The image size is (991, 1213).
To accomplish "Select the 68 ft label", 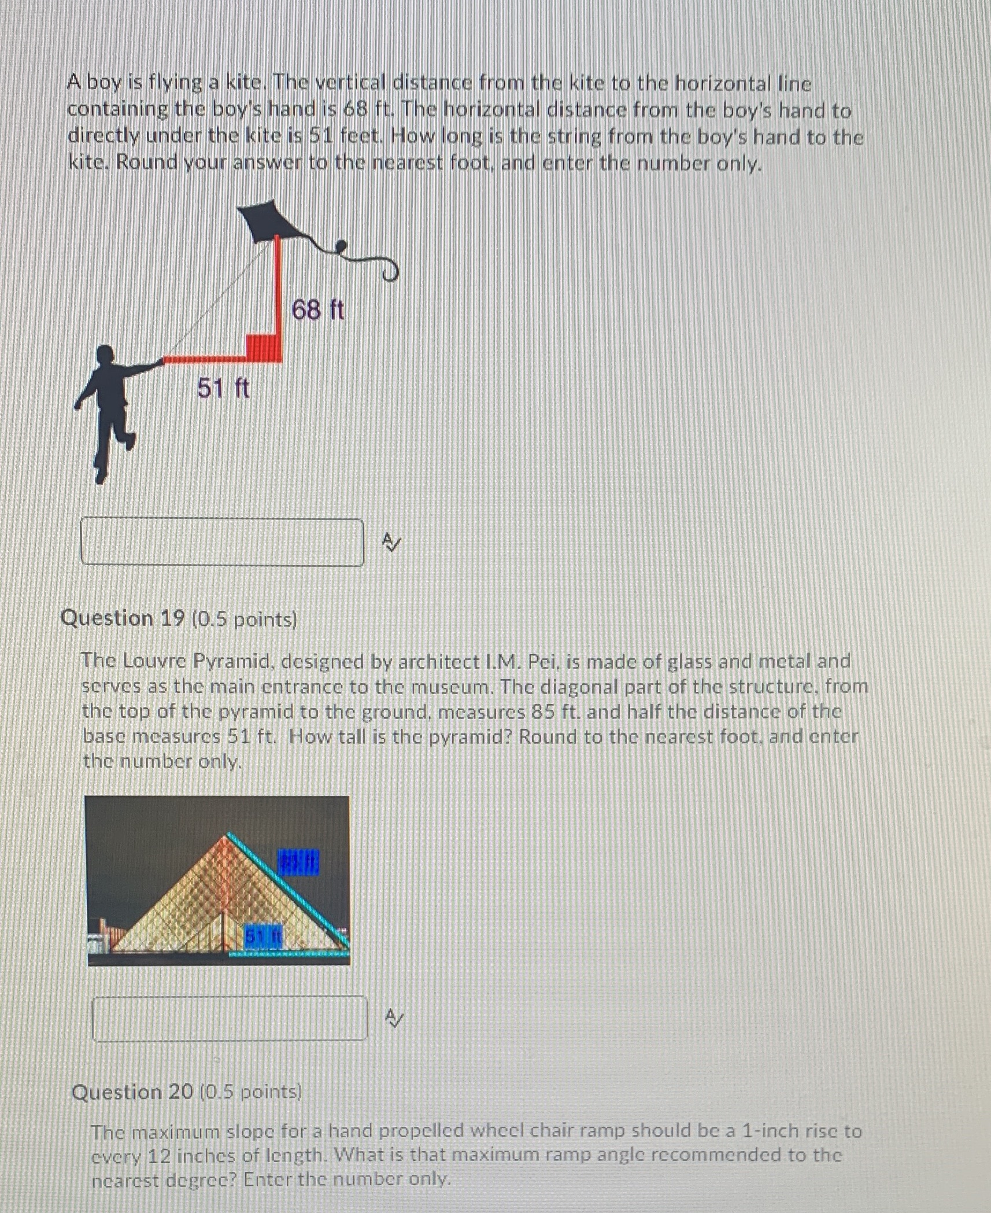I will (317, 310).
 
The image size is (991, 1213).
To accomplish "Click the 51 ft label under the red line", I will (223, 388).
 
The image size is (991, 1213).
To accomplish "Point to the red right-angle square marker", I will (264, 346).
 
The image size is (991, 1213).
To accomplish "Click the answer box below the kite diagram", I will (222, 542).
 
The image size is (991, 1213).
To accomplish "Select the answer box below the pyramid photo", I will (230, 1019).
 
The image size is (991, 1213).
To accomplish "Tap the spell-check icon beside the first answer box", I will (391, 542).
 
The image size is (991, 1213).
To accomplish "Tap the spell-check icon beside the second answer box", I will (395, 1017).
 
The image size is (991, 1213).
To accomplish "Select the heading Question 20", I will (132, 1092).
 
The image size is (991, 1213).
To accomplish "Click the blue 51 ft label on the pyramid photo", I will (262, 935).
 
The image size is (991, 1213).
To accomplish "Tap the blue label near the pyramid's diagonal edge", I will (298, 862).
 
